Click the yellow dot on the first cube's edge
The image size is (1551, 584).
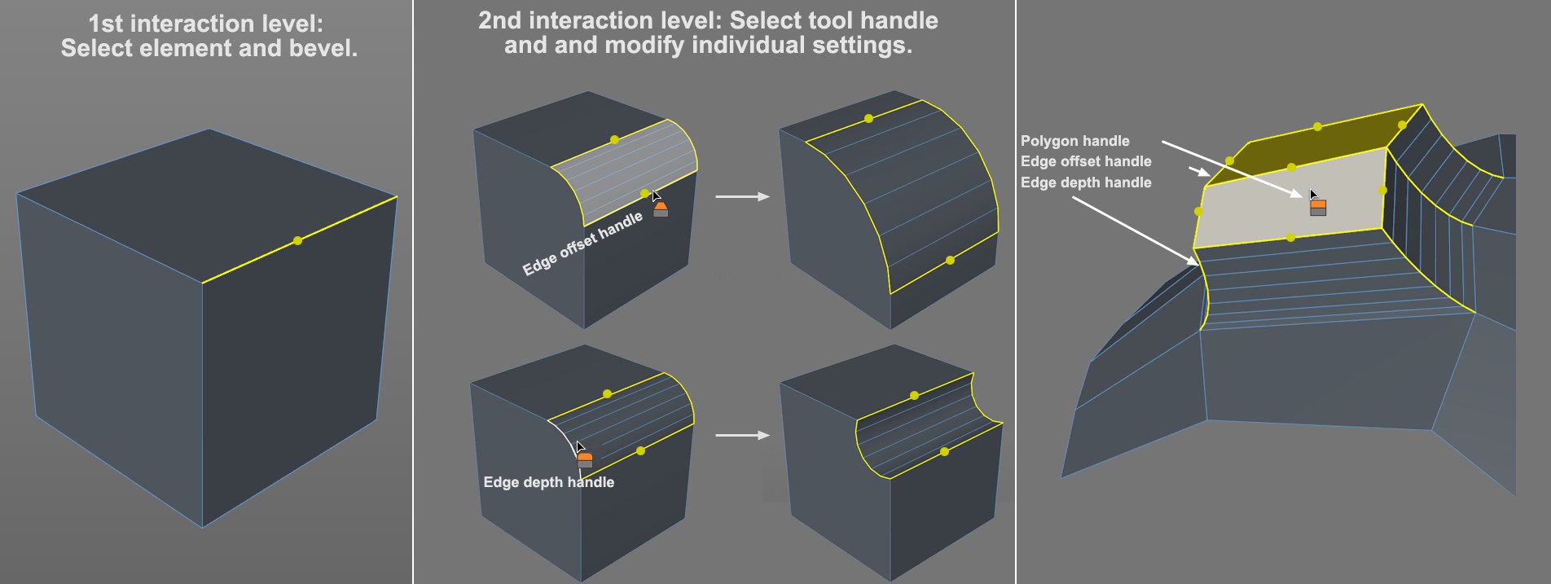click(297, 240)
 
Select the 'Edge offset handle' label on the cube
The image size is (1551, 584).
click(582, 243)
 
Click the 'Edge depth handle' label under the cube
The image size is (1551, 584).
click(548, 482)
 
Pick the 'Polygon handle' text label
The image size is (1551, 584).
click(1074, 141)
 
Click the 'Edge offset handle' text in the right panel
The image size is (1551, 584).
click(1086, 161)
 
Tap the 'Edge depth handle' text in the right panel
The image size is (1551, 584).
click(1086, 182)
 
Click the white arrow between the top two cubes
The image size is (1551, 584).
click(742, 196)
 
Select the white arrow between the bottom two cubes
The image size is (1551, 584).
click(742, 435)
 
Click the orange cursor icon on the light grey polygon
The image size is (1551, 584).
click(1317, 207)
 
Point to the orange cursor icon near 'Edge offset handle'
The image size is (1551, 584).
click(661, 209)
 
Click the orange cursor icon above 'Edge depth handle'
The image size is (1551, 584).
click(585, 459)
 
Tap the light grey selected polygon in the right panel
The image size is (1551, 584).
click(1271, 204)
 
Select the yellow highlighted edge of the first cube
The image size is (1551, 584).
click(342, 221)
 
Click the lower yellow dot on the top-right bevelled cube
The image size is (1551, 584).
click(950, 260)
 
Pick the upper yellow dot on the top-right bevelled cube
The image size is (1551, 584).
click(868, 118)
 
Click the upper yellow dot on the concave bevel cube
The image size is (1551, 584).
click(914, 395)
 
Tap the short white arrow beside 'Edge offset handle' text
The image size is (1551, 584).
click(1198, 171)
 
